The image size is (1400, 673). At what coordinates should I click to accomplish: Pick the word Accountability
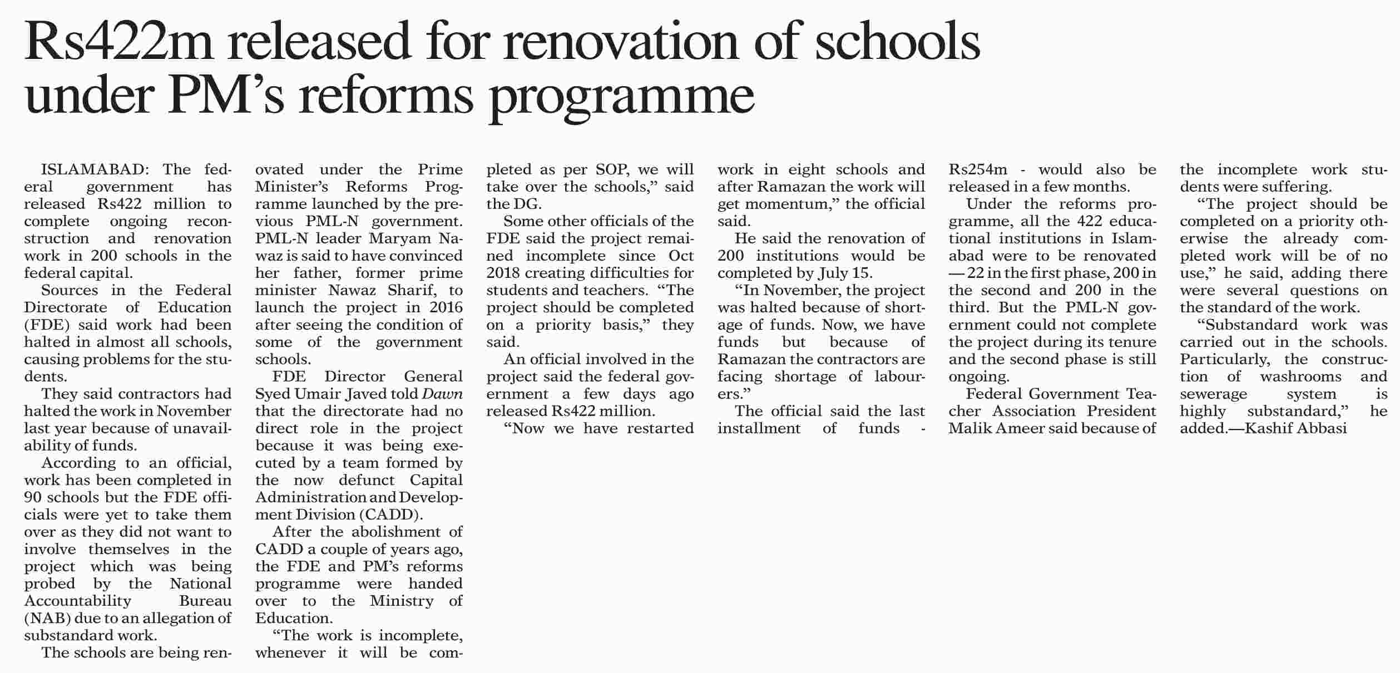pyautogui.click(x=77, y=600)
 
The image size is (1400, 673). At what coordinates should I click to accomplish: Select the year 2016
pyautogui.click(x=446, y=307)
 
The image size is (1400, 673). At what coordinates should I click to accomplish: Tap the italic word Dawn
pyautogui.click(x=442, y=393)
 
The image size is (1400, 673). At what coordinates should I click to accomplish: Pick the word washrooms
pyautogui.click(x=1300, y=376)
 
